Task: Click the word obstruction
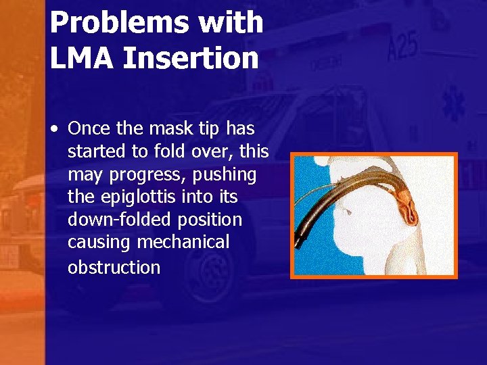[114, 267]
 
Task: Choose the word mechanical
[183, 242]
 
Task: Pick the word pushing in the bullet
[225, 175]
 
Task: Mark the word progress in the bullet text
[147, 175]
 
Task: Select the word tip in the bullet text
[210, 128]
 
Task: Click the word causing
[99, 242]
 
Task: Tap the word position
[209, 220]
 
